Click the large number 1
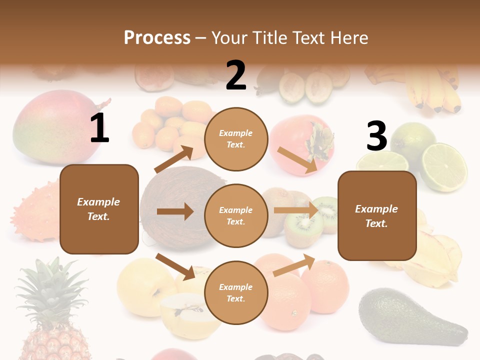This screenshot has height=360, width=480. coord(99,128)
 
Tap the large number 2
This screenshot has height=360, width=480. coord(236,75)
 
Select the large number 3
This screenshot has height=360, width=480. coord(376,136)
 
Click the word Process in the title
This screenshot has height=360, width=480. coord(157,37)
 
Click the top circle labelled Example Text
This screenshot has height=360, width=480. coord(236,139)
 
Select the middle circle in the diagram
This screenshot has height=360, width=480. coord(236,215)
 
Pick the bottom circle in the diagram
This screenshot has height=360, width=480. coord(236,292)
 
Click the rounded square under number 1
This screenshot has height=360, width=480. coord(99,209)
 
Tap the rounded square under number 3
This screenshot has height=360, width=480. coord(377,215)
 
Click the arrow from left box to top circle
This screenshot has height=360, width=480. coord(173,159)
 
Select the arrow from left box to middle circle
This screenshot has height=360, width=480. coord(175,211)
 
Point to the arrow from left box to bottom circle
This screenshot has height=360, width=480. coord(175,266)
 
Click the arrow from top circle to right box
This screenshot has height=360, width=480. coord(298,159)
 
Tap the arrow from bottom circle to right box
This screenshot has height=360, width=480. coord(294,265)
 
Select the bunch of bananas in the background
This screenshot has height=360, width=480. coord(432,90)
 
